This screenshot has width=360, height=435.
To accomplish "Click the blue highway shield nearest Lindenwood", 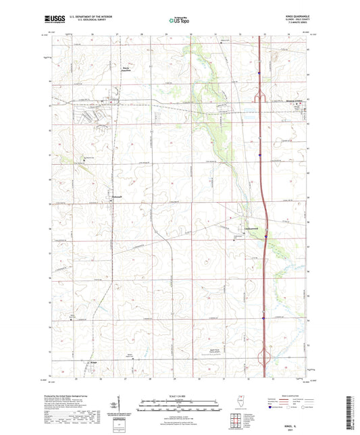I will pyautogui.click(x=267, y=236).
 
